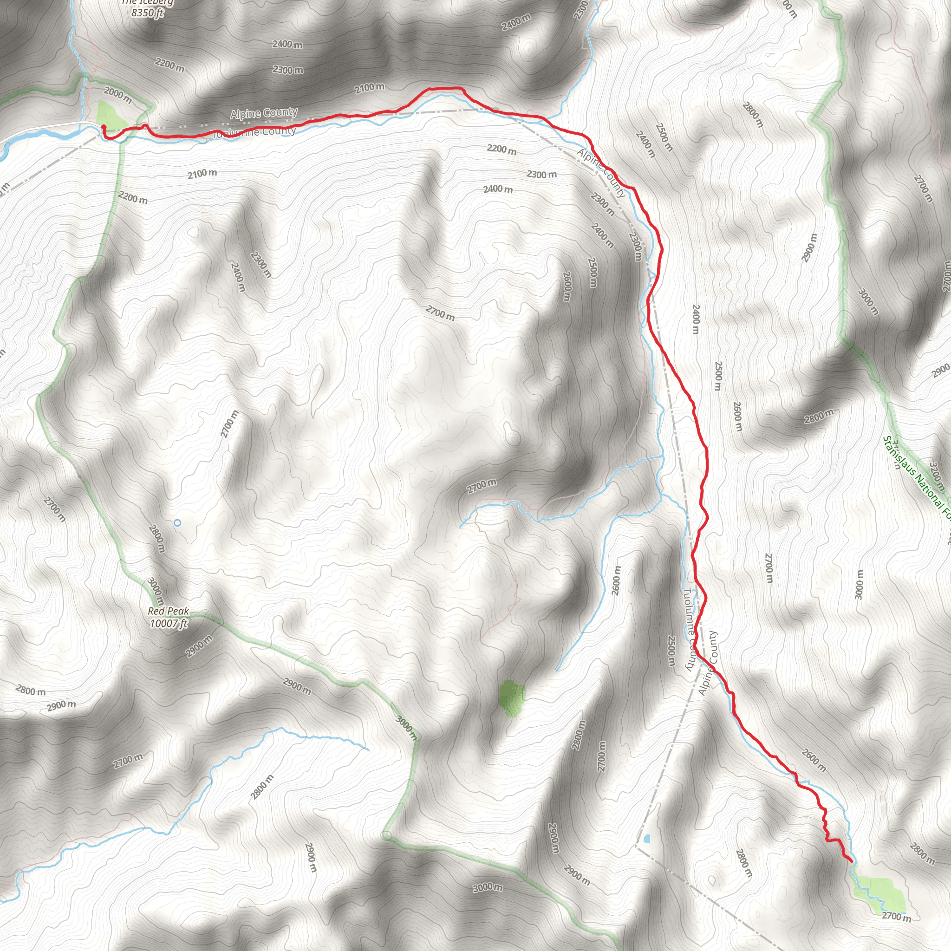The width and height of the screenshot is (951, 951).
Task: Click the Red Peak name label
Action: [x=169, y=611]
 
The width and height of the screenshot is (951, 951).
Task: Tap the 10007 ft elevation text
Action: [x=169, y=624]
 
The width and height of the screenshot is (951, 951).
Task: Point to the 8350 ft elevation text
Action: [x=147, y=13]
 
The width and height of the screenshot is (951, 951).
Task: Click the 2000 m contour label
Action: [x=117, y=95]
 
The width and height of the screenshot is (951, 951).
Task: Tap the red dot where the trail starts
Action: [x=104, y=127]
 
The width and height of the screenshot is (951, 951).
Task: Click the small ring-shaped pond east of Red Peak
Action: [x=177, y=523]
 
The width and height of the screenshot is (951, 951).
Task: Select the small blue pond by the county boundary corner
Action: [x=646, y=838]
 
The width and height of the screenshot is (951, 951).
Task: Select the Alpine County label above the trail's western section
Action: [x=264, y=113]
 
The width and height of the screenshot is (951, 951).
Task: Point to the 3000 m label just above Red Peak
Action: [x=155, y=592]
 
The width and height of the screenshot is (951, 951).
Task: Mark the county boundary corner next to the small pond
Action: [x=636, y=846]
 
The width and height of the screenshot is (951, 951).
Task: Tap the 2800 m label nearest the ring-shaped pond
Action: [x=156, y=539]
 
